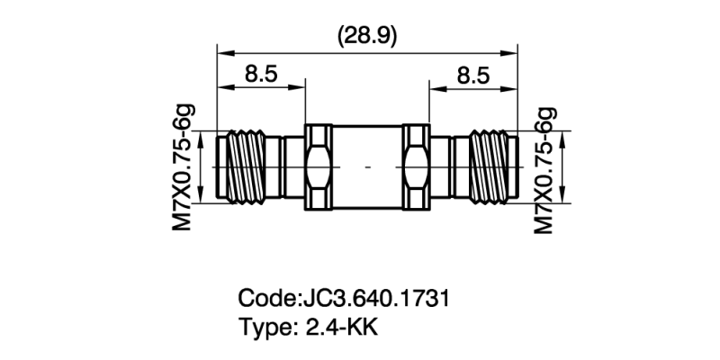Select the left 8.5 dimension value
tap(261, 75)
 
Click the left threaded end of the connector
tap(248, 167)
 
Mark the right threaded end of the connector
tap(486, 167)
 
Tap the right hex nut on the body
tap(416, 167)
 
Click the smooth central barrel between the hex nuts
tap(367, 167)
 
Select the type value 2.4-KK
tap(342, 327)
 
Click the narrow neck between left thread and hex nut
tap(292, 167)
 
